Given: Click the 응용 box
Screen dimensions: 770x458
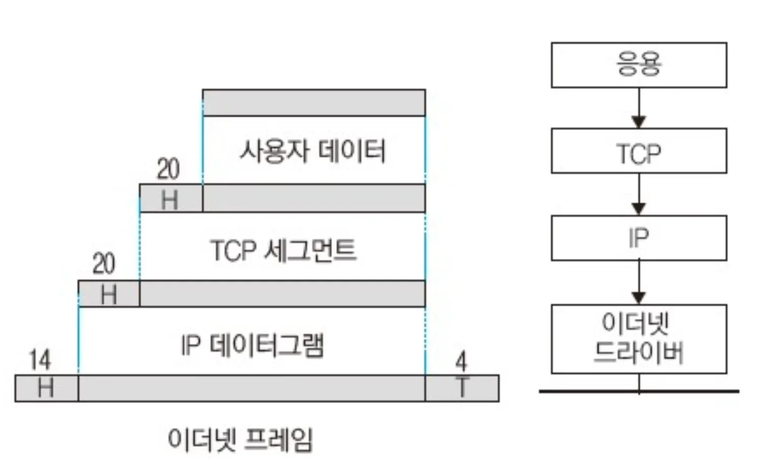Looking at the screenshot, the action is point(638,65).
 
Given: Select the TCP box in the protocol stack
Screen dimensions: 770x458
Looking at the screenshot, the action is point(638,151).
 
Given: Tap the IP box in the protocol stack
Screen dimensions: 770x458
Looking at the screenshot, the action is point(638,238).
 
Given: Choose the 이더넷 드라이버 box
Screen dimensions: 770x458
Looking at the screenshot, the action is point(638,339).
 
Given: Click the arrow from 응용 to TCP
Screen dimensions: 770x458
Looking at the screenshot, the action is point(638,108).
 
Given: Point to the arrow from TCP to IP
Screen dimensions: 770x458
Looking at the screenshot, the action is point(638,194).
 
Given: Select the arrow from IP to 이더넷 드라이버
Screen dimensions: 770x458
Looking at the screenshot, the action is point(638,282).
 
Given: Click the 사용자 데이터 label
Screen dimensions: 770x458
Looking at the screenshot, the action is point(312,151).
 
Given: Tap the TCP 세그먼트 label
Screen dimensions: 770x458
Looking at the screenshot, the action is point(283,250).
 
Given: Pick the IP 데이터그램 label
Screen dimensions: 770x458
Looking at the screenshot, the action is point(252,345).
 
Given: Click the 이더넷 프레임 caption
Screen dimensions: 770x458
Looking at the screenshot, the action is point(240,439).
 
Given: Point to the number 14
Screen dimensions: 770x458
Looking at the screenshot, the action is point(40,360).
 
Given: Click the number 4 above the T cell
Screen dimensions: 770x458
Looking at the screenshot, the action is point(461,362).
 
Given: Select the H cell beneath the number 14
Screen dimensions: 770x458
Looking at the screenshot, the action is point(46,388).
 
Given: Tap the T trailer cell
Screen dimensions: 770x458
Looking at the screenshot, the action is point(462,388).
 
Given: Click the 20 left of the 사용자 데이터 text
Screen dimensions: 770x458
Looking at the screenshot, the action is point(168,169).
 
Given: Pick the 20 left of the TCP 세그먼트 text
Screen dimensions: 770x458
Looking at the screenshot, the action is point(104,264).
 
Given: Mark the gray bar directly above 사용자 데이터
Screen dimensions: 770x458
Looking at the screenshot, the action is point(313,103).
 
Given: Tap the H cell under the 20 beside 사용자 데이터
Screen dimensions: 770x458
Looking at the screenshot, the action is point(170,199).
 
